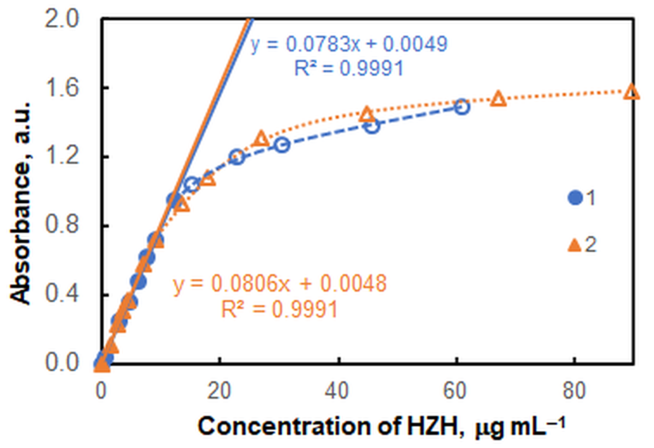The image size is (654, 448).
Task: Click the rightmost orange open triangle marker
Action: (631, 92)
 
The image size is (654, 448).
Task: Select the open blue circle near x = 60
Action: (462, 107)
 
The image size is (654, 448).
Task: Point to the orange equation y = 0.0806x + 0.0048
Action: (279, 283)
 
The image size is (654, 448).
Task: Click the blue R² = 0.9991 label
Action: (349, 68)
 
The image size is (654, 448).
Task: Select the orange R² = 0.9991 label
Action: (279, 309)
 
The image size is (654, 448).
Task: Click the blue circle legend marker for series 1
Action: (575, 198)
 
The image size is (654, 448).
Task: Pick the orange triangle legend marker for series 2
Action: (575, 245)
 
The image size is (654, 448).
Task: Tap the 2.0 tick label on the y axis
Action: (62, 19)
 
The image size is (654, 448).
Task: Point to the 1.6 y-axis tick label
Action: (62, 88)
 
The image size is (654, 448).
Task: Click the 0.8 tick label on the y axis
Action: (62, 225)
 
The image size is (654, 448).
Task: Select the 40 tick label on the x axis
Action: (338, 391)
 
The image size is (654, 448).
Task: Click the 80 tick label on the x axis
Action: (574, 391)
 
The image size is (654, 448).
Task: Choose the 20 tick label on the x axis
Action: (219, 391)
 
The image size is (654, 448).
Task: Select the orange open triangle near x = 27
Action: (261, 139)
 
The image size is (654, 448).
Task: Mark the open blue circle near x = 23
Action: (237, 157)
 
